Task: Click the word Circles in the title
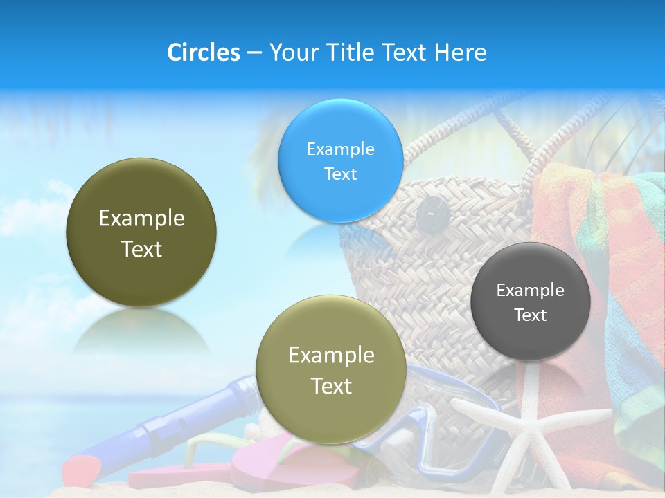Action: click(x=203, y=53)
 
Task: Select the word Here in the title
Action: click(x=461, y=53)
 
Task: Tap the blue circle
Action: click(x=340, y=160)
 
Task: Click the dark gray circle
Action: click(x=530, y=302)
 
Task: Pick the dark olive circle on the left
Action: click(x=141, y=232)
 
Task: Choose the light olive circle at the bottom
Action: click(x=330, y=369)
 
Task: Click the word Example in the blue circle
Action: click(x=340, y=149)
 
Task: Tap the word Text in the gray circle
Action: click(x=531, y=315)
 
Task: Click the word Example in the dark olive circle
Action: click(x=141, y=219)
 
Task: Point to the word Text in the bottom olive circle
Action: click(x=331, y=386)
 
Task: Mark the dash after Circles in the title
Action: click(x=254, y=53)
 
